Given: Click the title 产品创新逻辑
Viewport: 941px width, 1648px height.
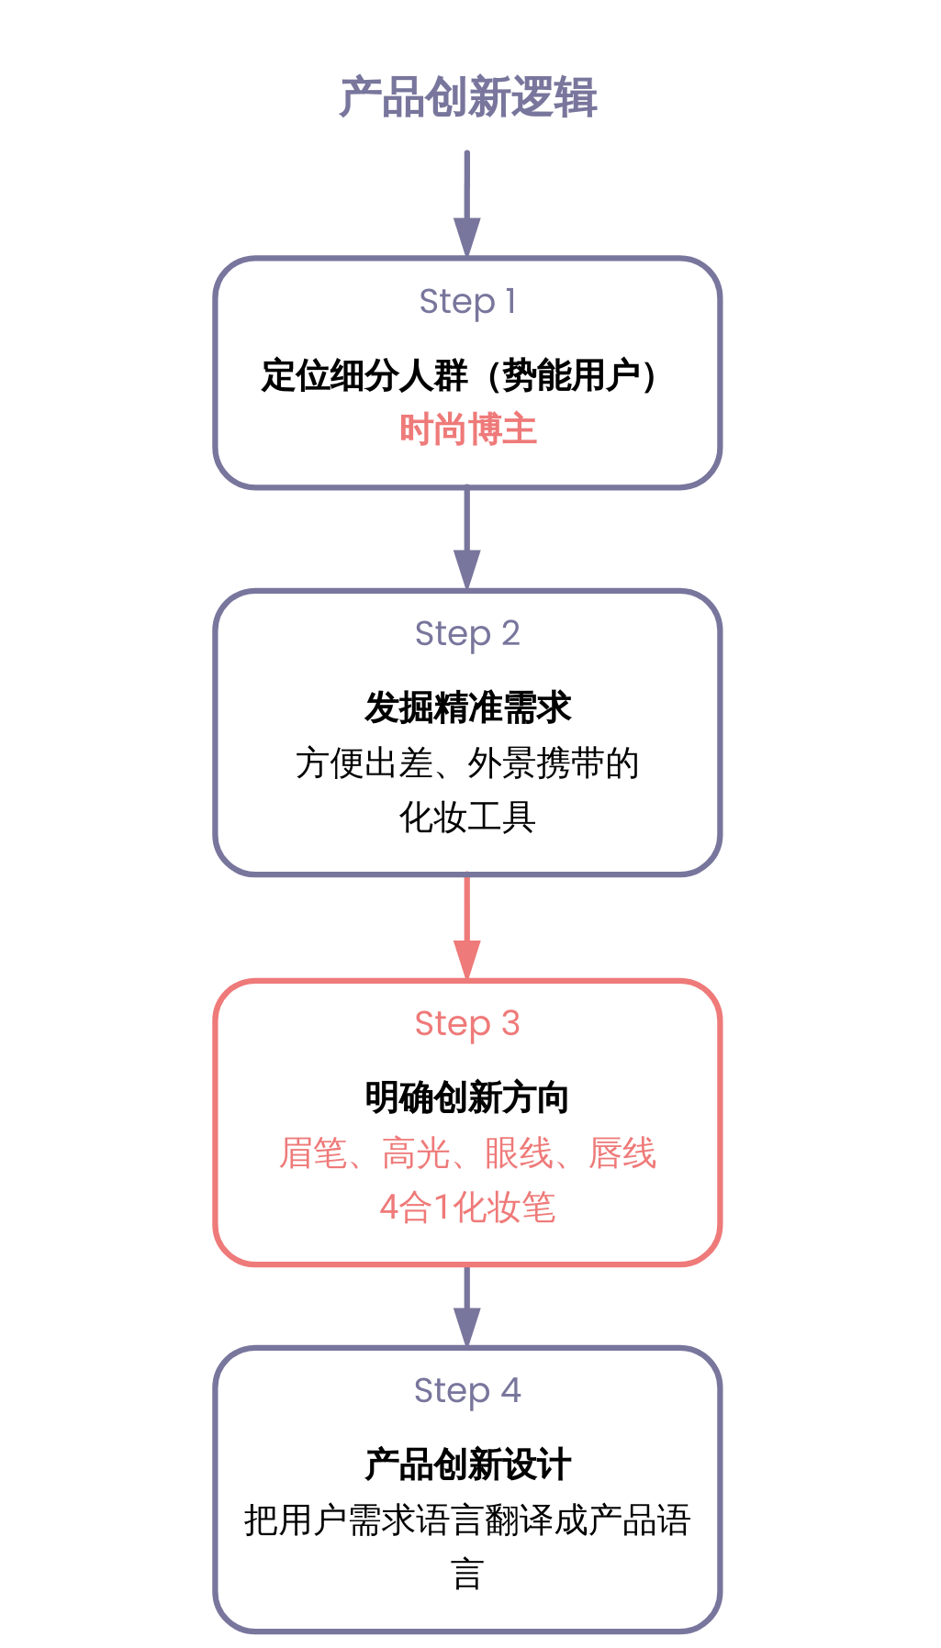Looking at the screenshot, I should tap(467, 97).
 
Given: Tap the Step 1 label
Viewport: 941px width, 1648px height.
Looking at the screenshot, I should tap(467, 301).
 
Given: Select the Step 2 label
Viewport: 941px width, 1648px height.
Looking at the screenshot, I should tap(467, 633).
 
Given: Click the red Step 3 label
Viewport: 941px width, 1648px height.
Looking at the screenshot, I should tap(467, 1023).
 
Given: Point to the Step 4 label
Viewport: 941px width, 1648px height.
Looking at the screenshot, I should tap(467, 1390).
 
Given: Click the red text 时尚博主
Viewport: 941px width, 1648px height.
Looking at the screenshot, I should tap(467, 429).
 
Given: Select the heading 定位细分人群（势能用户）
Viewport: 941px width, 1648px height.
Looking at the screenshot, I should tap(459, 375).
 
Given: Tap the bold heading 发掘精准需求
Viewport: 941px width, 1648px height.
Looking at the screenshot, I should tap(467, 707).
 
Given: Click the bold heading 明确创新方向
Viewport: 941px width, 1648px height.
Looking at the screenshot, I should tap(467, 1097).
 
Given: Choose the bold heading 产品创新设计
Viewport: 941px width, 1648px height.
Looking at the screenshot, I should tap(467, 1464).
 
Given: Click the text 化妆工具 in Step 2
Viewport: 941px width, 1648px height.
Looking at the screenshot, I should tap(467, 817).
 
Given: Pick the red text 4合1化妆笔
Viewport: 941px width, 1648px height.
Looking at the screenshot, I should tap(467, 1208).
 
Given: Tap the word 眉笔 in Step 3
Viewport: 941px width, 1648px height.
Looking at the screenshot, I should tap(313, 1153).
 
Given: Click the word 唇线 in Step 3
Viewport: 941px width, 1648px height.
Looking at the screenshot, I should tap(622, 1153).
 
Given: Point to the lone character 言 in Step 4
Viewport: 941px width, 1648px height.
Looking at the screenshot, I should tap(467, 1574).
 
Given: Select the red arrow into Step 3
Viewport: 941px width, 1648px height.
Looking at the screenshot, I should tap(467, 928).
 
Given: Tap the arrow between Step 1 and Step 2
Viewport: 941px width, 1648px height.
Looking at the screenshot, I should tap(467, 538).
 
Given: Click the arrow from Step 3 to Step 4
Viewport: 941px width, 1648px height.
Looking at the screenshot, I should tap(467, 1305).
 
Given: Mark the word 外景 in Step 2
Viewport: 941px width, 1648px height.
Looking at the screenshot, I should tap(501, 763).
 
